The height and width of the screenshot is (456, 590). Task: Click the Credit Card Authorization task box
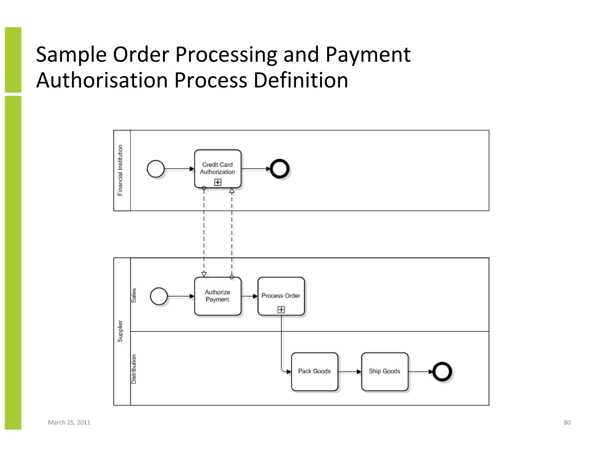coord(218,168)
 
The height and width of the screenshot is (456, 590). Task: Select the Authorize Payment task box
coord(218,296)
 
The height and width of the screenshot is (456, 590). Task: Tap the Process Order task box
coord(281,296)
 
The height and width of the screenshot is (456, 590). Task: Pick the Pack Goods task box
coord(314,371)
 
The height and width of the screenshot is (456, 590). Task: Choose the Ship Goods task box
coord(385,371)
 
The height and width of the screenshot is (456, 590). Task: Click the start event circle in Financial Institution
coord(156,169)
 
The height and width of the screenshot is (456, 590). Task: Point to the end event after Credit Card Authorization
coord(279,169)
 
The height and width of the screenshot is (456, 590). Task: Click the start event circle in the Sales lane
coord(159,296)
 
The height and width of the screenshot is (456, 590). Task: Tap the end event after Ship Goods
coord(442,372)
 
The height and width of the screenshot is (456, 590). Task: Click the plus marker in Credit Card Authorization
coord(218,182)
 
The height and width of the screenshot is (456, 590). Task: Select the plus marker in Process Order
coord(281,310)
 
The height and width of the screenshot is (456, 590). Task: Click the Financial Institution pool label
coord(120,170)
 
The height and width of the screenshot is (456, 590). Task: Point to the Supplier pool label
coord(120,331)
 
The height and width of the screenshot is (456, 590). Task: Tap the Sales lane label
coord(134,295)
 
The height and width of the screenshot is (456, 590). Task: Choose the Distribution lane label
coord(134,369)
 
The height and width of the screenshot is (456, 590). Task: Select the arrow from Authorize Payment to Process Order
coord(249,296)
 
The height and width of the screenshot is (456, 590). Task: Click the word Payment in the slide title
coord(368,54)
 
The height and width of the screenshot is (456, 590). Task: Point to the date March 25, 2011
coord(69,423)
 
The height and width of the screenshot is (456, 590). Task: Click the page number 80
coord(567,423)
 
